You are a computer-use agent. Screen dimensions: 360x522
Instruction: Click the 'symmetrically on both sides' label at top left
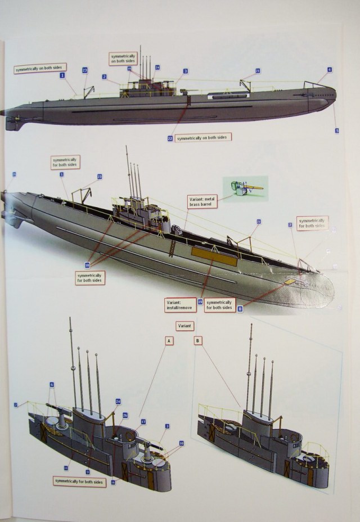coord(40,69)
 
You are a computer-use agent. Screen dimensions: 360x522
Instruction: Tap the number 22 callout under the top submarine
coord(170,137)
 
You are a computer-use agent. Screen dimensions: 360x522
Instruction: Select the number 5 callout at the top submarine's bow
coord(337,130)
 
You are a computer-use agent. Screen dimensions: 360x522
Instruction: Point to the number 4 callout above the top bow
coord(329,70)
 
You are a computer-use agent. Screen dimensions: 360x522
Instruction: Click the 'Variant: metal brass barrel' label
coord(202,201)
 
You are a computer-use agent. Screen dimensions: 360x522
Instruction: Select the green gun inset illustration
coord(245,188)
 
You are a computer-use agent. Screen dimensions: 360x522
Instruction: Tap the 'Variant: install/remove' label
coord(180,305)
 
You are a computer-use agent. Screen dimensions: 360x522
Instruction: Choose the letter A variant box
coord(169,341)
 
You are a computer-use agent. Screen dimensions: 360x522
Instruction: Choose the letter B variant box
coord(198,341)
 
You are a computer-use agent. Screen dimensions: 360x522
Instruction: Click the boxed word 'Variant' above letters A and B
coord(185,326)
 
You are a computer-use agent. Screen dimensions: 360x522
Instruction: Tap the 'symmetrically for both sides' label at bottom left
coord(79,482)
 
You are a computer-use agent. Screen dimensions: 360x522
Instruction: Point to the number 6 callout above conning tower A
coord(51,385)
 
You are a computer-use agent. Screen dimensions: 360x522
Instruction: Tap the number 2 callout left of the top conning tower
coord(105,76)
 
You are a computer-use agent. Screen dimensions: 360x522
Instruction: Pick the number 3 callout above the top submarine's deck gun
coord(184,71)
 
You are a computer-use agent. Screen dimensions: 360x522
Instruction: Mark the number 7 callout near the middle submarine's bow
coord(290,225)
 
